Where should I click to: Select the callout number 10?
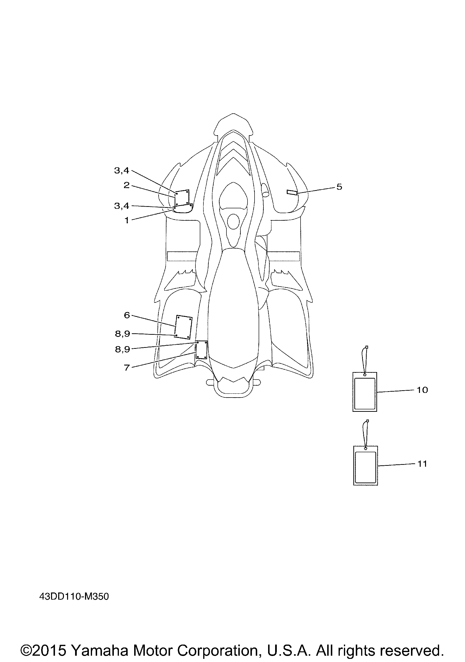point(422,390)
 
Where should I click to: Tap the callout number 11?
point(422,464)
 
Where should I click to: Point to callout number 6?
point(127,315)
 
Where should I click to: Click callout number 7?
point(127,368)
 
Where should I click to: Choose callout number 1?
point(127,221)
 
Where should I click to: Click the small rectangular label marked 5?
point(292,193)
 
